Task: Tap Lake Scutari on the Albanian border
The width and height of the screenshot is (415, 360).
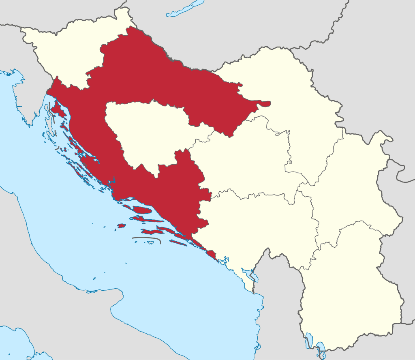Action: (253, 276)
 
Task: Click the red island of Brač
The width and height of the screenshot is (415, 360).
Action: (142, 210)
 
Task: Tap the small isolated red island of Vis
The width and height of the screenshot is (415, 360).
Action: (121, 226)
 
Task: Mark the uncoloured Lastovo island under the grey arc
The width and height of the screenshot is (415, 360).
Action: (150, 242)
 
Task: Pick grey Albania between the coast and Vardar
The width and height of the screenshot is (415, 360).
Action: (280, 308)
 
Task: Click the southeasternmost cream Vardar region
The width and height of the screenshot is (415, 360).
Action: (353, 292)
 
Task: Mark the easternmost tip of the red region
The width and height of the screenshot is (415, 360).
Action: (270, 103)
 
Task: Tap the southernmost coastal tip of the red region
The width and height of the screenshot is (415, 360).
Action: (214, 259)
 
